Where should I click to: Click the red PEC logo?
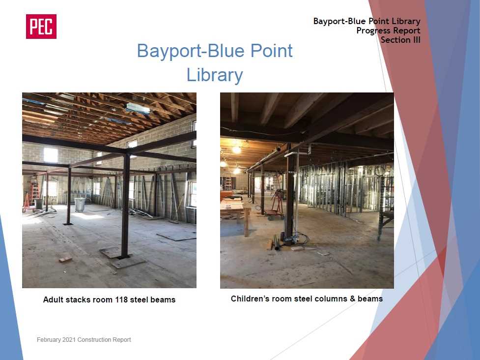click(41, 27)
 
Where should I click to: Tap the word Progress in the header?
click(373, 30)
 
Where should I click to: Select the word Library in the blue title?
click(215, 75)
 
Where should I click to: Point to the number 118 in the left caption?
click(121, 300)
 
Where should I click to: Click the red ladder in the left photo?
click(35, 194)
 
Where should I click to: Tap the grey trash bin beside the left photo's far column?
click(80, 205)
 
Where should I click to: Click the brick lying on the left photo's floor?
click(65, 259)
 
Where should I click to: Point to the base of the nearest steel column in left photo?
click(125, 257)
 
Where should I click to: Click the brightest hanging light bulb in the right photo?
click(236, 150)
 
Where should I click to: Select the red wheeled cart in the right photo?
click(276, 205)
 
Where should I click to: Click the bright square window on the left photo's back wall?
click(51, 155)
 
